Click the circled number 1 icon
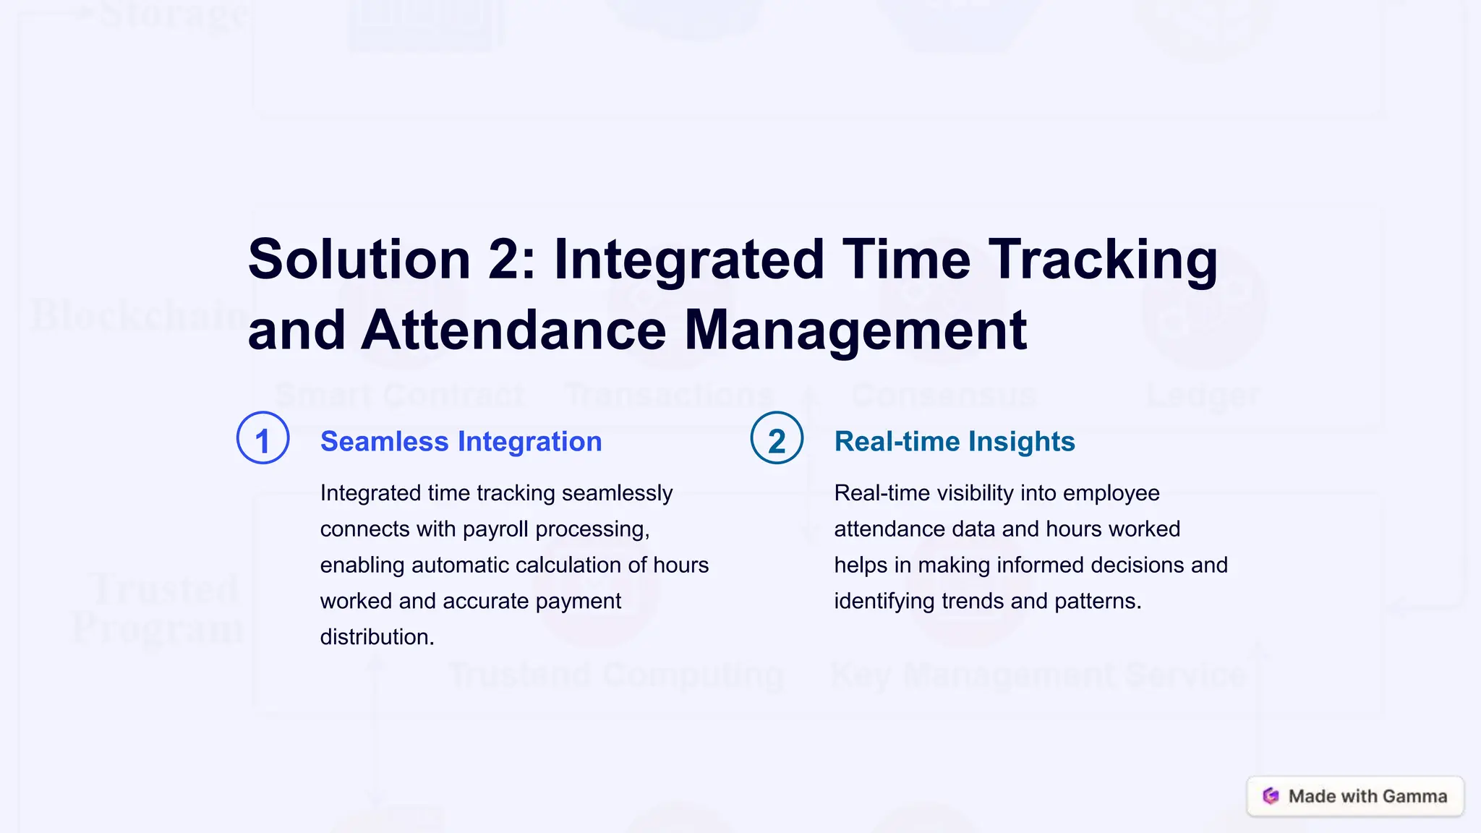[x=263, y=438]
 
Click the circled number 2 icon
[x=777, y=438]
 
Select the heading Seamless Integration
[x=461, y=441]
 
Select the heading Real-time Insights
[x=954, y=441]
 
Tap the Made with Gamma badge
[x=1355, y=796]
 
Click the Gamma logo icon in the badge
[x=1271, y=796]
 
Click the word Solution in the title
[x=359, y=259]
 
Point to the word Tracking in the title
[x=1103, y=259]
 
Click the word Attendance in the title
[x=513, y=330]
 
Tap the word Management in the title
[x=855, y=330]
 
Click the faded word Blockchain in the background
[x=137, y=316]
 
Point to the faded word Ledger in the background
[x=1203, y=395]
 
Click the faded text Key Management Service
[x=1038, y=675]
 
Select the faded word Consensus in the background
[x=944, y=395]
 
